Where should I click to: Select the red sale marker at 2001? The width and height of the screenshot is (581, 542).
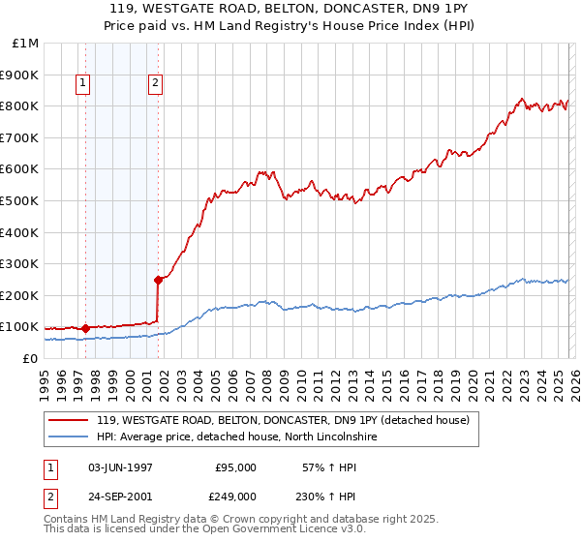[158, 280]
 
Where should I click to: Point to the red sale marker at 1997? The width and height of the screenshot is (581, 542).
[85, 328]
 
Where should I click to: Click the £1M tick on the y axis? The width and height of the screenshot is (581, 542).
[25, 43]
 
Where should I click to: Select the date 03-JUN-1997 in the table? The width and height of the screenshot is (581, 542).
[120, 467]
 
